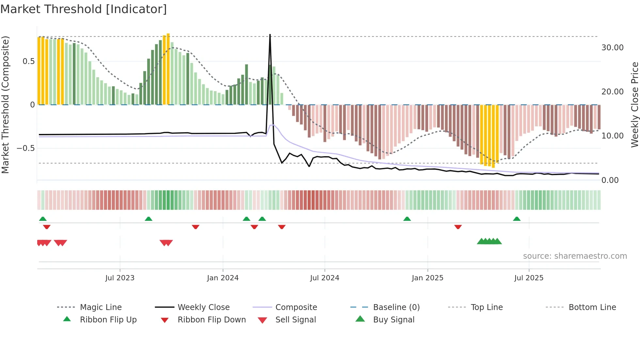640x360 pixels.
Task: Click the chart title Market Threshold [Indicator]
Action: tap(84, 9)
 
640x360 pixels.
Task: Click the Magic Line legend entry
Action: tap(101, 307)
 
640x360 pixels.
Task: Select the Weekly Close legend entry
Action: tap(203, 307)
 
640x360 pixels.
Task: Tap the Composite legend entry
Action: tap(296, 307)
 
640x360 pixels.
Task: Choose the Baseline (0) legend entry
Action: tap(396, 307)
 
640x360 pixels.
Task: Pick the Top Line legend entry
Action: tap(487, 307)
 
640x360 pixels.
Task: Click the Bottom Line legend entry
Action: tap(592, 307)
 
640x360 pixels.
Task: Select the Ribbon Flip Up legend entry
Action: tap(108, 320)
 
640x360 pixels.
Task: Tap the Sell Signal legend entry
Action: tap(296, 320)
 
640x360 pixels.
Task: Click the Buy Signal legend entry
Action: tap(393, 320)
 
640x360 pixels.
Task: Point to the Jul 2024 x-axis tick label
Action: tap(325, 278)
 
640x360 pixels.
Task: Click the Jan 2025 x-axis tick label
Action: tap(427, 278)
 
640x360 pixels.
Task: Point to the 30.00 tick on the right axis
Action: tap(612, 48)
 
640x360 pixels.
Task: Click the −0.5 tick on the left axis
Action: tap(26, 148)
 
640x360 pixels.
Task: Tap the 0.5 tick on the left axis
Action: tap(28, 61)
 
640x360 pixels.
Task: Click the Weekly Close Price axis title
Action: tap(634, 105)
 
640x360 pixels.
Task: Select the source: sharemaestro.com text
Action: tap(575, 256)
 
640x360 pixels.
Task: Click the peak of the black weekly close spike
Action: tap(270, 35)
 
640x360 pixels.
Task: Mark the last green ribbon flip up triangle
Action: tap(517, 219)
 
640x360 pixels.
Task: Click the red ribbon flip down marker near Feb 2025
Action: tap(458, 227)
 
